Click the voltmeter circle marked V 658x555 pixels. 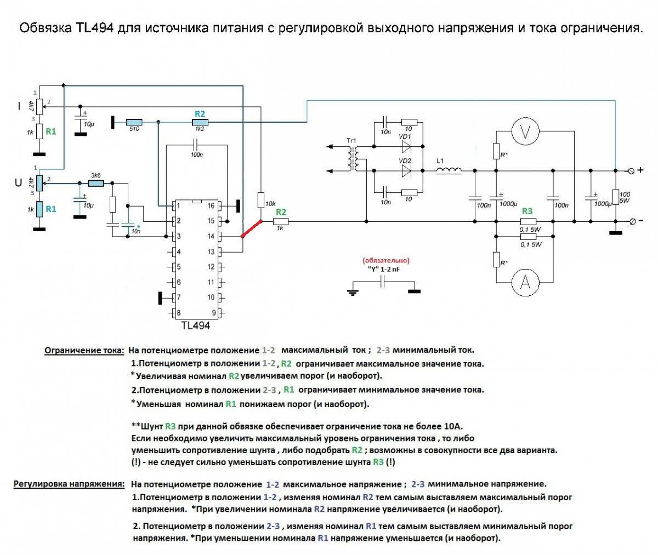point(525,130)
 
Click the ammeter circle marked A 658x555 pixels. point(525,282)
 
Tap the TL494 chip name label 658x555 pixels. point(195,325)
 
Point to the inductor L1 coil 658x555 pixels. point(449,171)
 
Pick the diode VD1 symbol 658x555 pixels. point(406,146)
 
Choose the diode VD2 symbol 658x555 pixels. point(406,171)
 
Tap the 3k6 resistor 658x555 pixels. point(96,183)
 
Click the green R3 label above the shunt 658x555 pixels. point(527,211)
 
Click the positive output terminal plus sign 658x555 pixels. point(640,170)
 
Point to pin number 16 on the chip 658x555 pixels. point(211,206)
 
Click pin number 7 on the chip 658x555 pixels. point(179,297)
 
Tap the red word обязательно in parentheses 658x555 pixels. point(386,260)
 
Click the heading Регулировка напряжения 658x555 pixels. point(69,484)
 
